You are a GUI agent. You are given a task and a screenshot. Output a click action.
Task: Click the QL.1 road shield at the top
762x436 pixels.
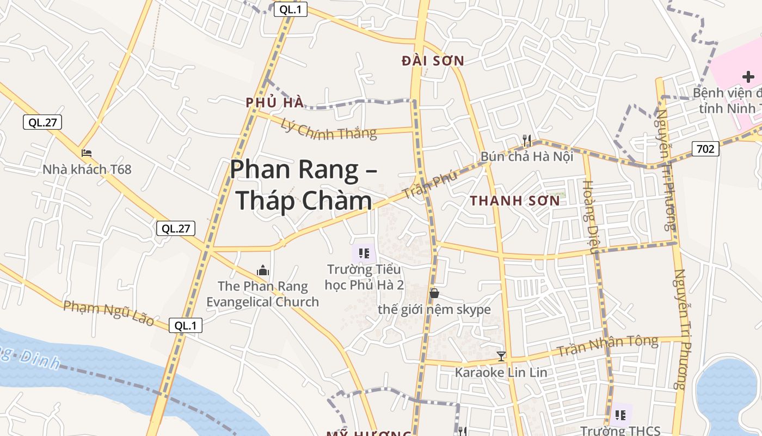click(290, 9)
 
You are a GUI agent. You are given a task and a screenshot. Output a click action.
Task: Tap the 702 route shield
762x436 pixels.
click(705, 148)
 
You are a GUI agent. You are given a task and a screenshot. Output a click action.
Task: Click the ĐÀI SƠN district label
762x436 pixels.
click(433, 61)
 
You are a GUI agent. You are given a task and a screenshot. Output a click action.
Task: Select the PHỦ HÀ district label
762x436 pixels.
click(274, 102)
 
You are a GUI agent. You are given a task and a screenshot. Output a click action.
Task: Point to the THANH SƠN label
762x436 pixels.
click(515, 201)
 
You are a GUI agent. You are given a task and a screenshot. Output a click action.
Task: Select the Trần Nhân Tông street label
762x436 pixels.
click(607, 346)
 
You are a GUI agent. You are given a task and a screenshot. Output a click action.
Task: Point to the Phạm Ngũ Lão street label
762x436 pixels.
click(108, 312)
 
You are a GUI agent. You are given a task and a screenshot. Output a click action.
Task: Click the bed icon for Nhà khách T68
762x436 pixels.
click(87, 153)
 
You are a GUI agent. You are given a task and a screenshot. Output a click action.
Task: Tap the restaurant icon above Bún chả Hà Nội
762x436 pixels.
click(527, 141)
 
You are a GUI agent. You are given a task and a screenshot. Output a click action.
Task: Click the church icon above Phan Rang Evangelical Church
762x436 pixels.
click(263, 270)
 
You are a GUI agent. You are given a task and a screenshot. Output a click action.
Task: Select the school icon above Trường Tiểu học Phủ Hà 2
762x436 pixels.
click(364, 253)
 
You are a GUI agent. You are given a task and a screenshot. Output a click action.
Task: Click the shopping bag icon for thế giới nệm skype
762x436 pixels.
click(434, 294)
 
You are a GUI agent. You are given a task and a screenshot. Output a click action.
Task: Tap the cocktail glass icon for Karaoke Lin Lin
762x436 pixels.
click(501, 356)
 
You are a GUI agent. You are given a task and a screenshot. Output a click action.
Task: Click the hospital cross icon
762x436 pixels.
click(748, 77)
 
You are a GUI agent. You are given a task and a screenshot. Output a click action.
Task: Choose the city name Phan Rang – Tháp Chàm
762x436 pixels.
click(303, 185)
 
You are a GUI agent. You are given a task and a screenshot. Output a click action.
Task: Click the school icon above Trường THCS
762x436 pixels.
click(620, 415)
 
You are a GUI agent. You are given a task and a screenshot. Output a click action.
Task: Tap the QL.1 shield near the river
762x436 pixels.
click(185, 326)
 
